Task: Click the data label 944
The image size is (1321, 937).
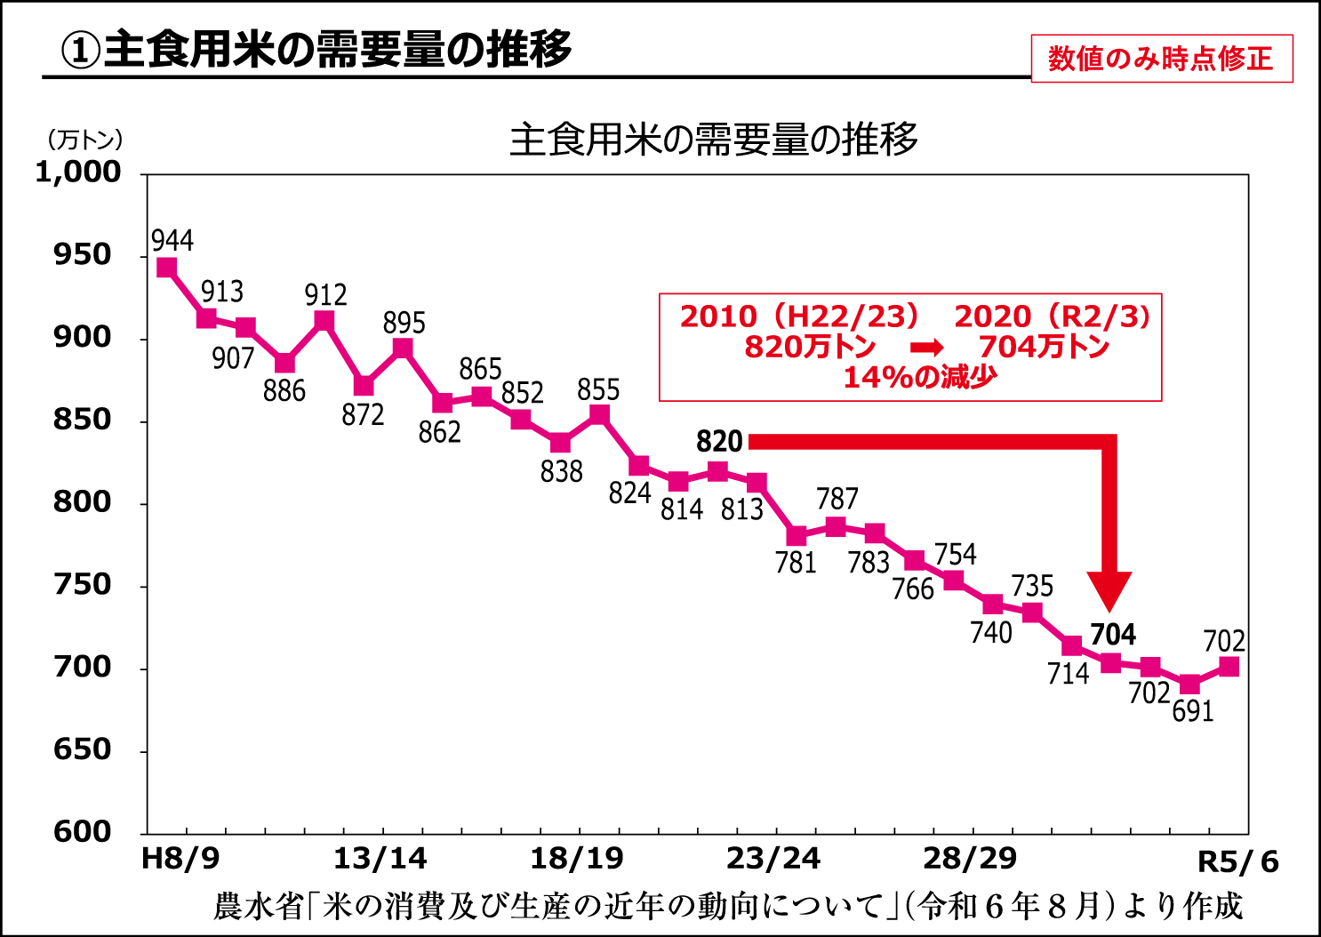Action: (172, 241)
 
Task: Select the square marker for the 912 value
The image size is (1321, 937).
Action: (324, 321)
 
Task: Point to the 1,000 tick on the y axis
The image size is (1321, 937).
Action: (78, 172)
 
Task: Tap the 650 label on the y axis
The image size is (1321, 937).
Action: (83, 749)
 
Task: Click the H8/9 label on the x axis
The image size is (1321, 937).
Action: (180, 859)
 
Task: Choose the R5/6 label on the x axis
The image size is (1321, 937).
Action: (1237, 861)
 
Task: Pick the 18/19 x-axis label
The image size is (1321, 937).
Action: (576, 859)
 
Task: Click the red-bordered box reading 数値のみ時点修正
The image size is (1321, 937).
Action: (1161, 59)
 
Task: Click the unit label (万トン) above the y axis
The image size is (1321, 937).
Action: (84, 140)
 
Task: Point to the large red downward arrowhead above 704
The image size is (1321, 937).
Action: (1109, 589)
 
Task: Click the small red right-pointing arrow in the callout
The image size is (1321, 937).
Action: (926, 348)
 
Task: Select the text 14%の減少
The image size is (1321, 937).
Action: (920, 378)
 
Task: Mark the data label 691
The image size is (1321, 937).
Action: (1192, 711)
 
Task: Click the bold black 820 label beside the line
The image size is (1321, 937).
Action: (718, 442)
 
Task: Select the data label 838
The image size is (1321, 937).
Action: (561, 471)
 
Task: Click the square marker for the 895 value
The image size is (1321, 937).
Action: (403, 348)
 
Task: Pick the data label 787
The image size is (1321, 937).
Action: (837, 499)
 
